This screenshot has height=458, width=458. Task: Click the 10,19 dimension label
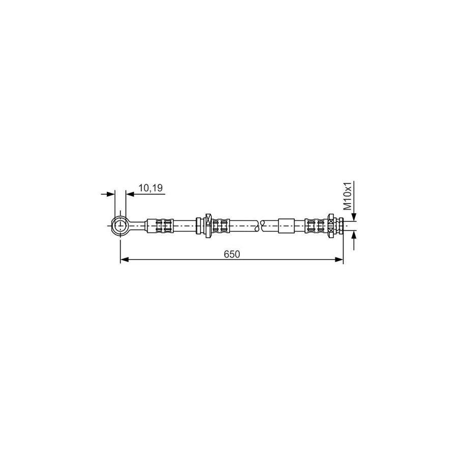(150, 188)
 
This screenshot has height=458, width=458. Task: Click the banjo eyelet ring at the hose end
(120, 224)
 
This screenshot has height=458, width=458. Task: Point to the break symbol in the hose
(261, 224)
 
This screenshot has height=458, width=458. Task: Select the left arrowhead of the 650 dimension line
(124, 260)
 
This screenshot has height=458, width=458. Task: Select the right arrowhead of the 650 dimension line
(339, 260)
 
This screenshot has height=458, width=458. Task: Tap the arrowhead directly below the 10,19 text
(130, 194)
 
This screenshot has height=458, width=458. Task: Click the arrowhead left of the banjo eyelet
(110, 194)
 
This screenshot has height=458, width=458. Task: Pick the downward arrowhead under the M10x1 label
(355, 216)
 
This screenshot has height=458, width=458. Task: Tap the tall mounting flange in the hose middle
(208, 224)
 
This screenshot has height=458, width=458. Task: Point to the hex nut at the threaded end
(331, 224)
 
